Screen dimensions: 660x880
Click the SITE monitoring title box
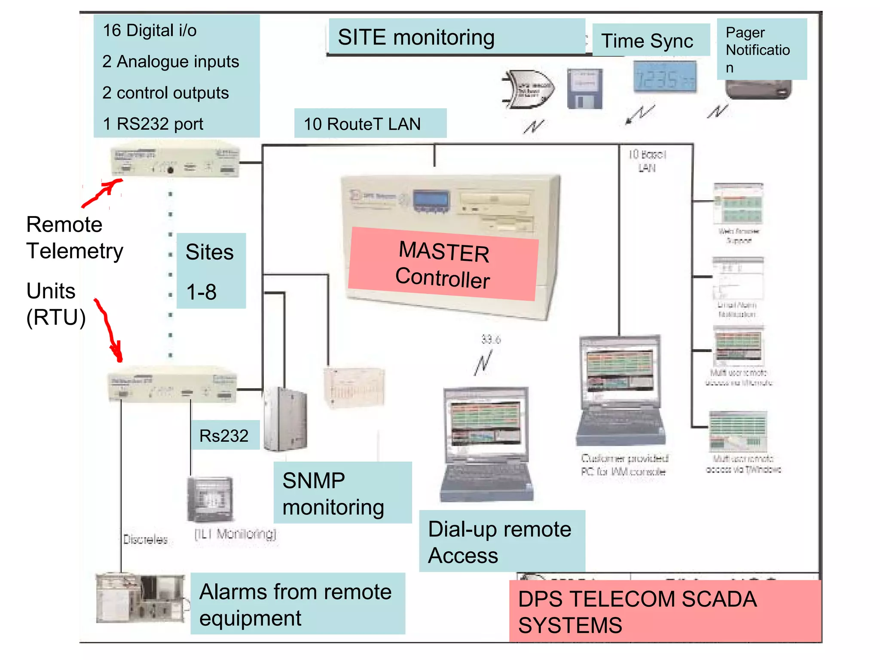pos(456,37)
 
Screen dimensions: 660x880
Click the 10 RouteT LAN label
pos(370,124)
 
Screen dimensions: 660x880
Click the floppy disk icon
pos(585,89)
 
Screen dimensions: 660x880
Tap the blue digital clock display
pos(665,78)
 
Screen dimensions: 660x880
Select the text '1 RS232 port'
pos(153,124)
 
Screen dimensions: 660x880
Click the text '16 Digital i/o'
pos(150,31)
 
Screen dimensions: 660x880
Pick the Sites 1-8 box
pos(211,271)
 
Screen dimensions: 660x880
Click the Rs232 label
pos(225,435)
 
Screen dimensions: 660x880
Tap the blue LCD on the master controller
pos(431,200)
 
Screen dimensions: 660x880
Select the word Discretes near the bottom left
pos(146,539)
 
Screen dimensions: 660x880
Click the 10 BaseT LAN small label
pos(647,161)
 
